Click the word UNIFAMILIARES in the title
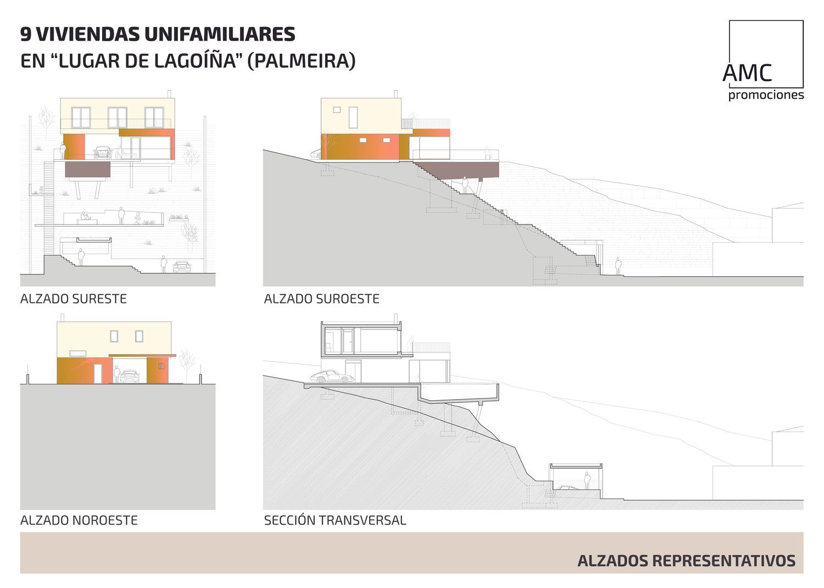[x=220, y=34]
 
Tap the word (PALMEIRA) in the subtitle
[x=302, y=60]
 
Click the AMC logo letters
[x=747, y=73]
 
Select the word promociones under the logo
[x=766, y=96]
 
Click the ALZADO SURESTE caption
[x=74, y=299]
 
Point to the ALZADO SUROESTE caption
[x=321, y=299]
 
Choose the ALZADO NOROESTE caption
[x=79, y=520]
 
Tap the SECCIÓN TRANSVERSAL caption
[x=335, y=520]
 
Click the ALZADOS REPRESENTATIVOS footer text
[x=686, y=561]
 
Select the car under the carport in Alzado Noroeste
[x=130, y=376]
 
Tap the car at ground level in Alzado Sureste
[x=182, y=267]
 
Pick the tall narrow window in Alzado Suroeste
[x=353, y=117]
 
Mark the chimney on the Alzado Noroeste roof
[x=63, y=318]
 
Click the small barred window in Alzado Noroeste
[x=160, y=366]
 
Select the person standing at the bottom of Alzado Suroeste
[x=618, y=266]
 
